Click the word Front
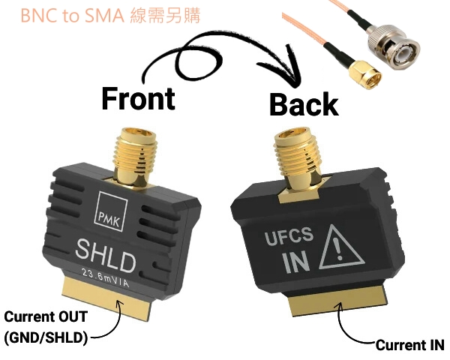click(138, 98)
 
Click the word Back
click(304, 104)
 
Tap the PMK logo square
click(111, 211)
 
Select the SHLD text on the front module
click(106, 256)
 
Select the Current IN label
click(409, 345)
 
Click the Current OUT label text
click(46, 316)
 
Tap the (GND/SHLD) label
click(46, 337)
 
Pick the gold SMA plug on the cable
click(365, 74)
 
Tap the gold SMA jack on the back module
click(297, 160)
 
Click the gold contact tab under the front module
click(106, 298)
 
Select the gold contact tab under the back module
click(337, 301)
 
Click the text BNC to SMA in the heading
click(72, 16)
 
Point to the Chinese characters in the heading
click(165, 16)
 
